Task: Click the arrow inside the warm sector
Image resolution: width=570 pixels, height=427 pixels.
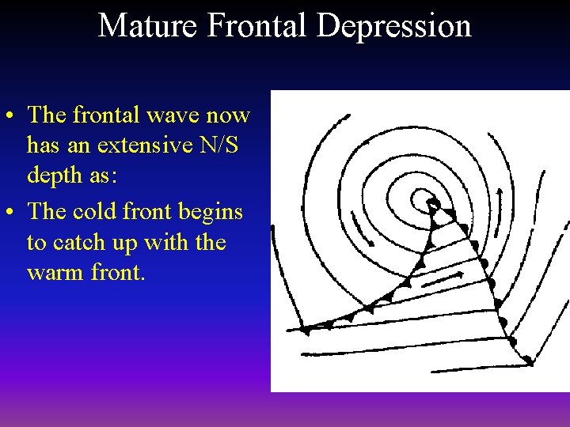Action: coord(443,279)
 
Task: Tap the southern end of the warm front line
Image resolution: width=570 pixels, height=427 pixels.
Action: coord(529,361)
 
